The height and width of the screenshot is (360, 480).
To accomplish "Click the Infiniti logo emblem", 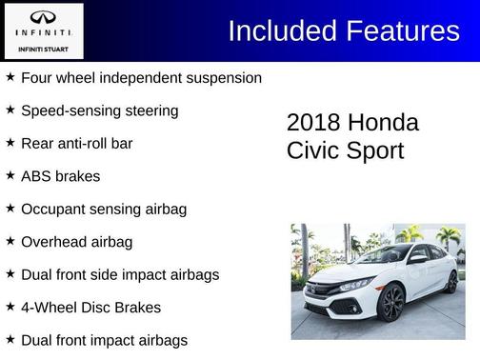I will (x=43, y=17).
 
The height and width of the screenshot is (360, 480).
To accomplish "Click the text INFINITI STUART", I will (x=43, y=48).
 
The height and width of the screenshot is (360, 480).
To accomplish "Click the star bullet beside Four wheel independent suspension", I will (x=10, y=77).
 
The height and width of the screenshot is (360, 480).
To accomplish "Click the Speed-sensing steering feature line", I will (x=99, y=110).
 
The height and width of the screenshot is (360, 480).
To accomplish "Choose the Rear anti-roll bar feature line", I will (x=76, y=144).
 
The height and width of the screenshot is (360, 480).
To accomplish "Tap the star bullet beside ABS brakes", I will (x=10, y=176).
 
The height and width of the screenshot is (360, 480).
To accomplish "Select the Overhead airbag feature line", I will (x=76, y=242).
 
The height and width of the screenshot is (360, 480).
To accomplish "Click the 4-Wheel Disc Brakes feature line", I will (x=90, y=308).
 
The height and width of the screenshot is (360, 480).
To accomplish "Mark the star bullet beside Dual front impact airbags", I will (x=10, y=340).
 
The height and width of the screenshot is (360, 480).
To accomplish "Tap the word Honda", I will (x=383, y=123).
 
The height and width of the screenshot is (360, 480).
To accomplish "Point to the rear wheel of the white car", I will (x=450, y=282).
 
